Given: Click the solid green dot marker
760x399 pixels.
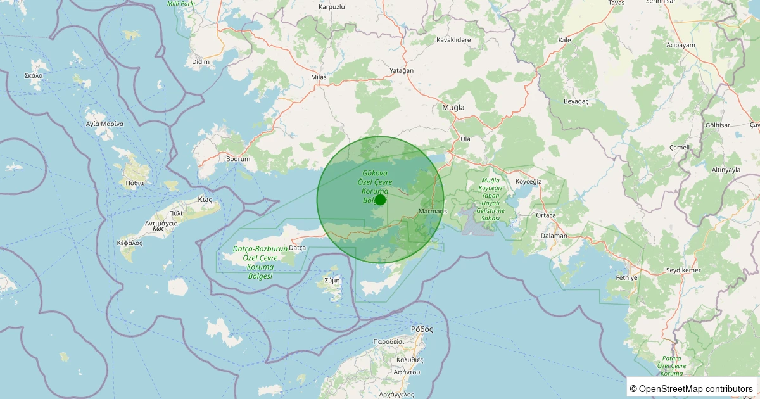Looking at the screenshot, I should pos(380,199).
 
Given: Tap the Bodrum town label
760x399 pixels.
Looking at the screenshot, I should pos(238,159).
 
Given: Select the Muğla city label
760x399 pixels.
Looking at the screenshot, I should pos(453,108).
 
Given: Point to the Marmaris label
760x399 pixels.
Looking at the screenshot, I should pos(433,211).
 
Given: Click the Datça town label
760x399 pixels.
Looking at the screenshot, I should pos(297,248).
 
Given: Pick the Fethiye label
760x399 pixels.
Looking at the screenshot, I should pos(626,277).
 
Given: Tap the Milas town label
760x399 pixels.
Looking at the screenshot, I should pos(319,77).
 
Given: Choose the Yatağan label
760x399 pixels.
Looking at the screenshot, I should pos(402,70).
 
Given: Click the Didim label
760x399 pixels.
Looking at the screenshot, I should pos(200,61).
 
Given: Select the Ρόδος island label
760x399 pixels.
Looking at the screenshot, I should pos(421,329).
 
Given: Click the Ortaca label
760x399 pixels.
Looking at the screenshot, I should pos(545,215).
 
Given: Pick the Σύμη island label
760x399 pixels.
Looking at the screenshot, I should pos(332,279).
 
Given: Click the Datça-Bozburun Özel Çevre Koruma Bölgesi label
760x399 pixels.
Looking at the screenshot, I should pos(260,263).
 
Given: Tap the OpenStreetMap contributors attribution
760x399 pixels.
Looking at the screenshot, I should pos(691,388).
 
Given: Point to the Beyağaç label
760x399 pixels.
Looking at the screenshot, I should pos(576,101).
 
